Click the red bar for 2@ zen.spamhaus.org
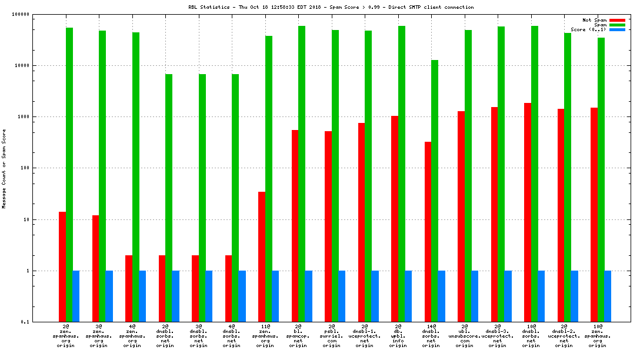(x=62, y=266)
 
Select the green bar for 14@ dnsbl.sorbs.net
(x=435, y=191)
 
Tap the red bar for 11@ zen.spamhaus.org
(x=262, y=256)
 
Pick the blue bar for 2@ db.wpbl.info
(x=408, y=296)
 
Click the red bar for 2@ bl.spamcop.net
(x=295, y=226)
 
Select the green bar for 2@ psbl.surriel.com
(x=335, y=176)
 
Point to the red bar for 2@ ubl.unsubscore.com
(x=461, y=216)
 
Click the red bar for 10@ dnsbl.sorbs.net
(x=528, y=212)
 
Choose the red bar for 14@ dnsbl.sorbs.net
(x=428, y=232)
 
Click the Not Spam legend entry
(x=595, y=20)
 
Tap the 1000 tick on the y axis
(x=23, y=116)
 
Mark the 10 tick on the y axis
(x=26, y=219)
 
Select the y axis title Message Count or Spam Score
(x=4, y=168)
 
